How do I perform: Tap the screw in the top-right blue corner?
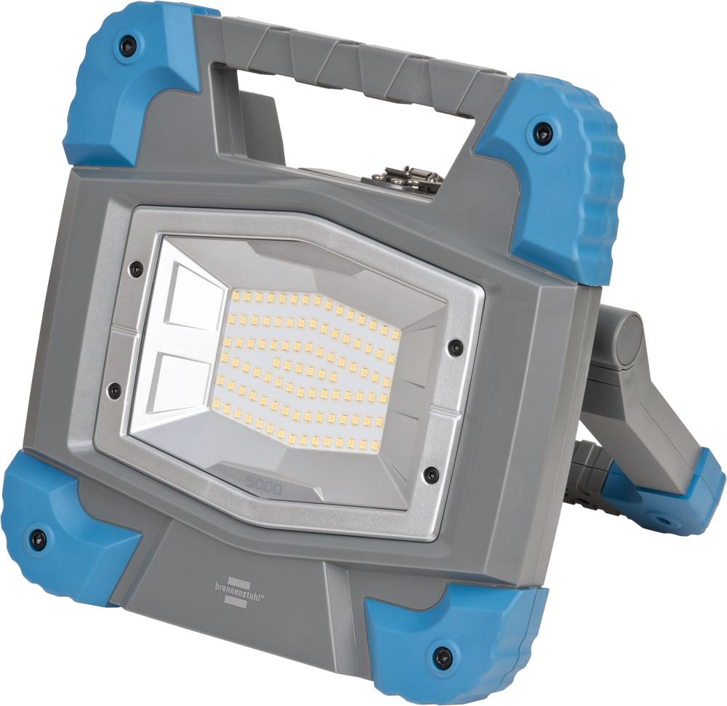[541, 132]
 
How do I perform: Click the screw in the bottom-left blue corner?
[38, 538]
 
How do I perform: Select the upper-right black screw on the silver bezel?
[454, 348]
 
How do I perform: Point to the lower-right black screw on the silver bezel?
[431, 475]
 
